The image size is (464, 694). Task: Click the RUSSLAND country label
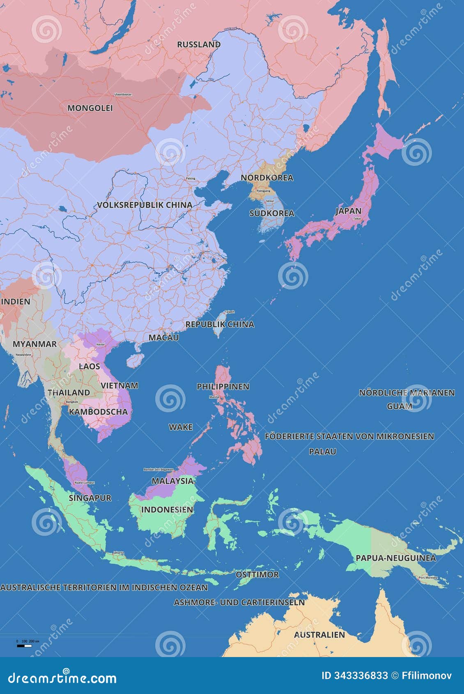[x=199, y=44]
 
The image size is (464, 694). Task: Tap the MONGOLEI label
[x=90, y=108]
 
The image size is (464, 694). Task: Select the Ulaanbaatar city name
[x=123, y=94]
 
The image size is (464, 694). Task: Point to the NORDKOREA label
[x=267, y=177]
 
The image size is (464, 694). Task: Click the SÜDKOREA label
[x=272, y=213]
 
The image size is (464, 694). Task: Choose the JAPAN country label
[x=348, y=211]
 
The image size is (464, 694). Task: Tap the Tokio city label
[x=357, y=218]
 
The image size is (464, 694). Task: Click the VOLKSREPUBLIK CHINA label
[x=145, y=205]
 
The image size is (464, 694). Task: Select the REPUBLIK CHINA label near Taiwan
[x=220, y=324]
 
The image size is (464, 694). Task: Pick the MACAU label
[x=163, y=338]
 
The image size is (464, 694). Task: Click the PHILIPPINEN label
[x=223, y=386]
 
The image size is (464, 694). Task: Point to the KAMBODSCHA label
[x=98, y=411]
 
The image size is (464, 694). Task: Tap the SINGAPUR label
[x=90, y=498]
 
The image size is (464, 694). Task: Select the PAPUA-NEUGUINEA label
[x=396, y=558]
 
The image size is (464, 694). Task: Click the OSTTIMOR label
[x=257, y=575]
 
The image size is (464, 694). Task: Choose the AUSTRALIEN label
[x=319, y=634]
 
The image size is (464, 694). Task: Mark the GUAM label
[x=400, y=406]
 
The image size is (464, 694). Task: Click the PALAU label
[x=322, y=451]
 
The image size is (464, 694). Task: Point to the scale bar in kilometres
[x=25, y=646]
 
